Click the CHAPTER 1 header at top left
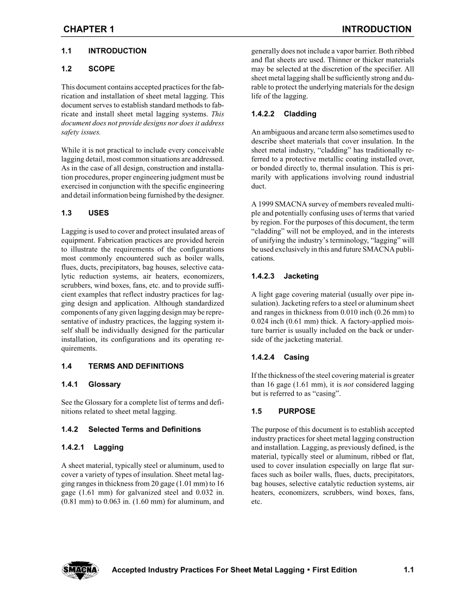pyautogui.click(x=88, y=29)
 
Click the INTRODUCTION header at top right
pyautogui.click(x=376, y=29)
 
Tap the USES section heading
pyautogui.click(x=98, y=214)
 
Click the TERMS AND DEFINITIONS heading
pyautogui.click(x=136, y=366)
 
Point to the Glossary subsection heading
pyautogui.click(x=104, y=384)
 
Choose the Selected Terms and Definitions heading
pyautogui.click(x=144, y=429)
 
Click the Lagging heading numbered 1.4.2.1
pyautogui.click(x=109, y=447)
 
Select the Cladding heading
pyautogui.click(x=300, y=114)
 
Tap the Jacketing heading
pyautogui.click(x=301, y=276)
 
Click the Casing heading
pyautogui.click(x=296, y=357)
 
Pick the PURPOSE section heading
pyautogui.click(x=296, y=411)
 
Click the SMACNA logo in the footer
pyautogui.click(x=80, y=570)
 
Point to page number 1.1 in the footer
pyautogui.click(x=409, y=570)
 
